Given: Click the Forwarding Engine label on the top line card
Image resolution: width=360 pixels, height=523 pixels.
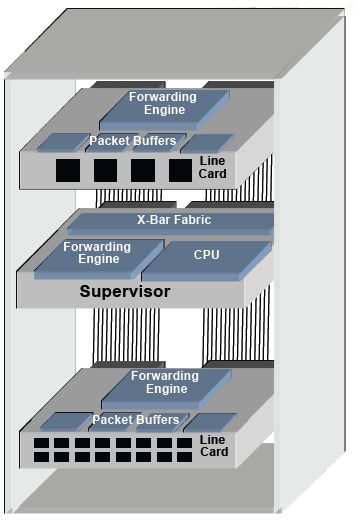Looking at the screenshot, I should click(x=162, y=103).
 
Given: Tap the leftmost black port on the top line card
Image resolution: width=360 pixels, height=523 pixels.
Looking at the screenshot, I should click(x=67, y=171).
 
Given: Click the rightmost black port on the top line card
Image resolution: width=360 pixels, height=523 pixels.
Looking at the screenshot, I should click(x=180, y=171).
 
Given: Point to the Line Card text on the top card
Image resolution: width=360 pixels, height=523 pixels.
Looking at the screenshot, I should click(x=213, y=167).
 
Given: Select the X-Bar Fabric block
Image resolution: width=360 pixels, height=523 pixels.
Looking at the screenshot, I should click(x=174, y=220).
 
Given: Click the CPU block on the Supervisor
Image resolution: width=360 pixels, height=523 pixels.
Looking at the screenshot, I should click(x=206, y=255).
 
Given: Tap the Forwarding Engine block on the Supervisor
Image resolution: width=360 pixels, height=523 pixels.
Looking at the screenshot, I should click(x=97, y=253).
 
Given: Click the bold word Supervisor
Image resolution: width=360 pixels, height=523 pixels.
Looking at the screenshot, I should click(x=125, y=293).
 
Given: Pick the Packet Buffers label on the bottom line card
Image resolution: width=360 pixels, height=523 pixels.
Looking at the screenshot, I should click(x=136, y=419).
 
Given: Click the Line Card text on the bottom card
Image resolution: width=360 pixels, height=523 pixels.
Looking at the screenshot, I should click(x=213, y=446).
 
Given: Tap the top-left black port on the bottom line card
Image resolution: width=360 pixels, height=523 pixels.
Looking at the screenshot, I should click(x=41, y=441).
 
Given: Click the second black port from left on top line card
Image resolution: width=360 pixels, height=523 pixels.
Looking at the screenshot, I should click(x=105, y=171).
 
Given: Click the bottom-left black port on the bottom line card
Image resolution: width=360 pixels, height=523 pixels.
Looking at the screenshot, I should click(x=41, y=456).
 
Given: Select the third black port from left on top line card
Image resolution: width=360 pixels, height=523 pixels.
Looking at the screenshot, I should click(x=143, y=171).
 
